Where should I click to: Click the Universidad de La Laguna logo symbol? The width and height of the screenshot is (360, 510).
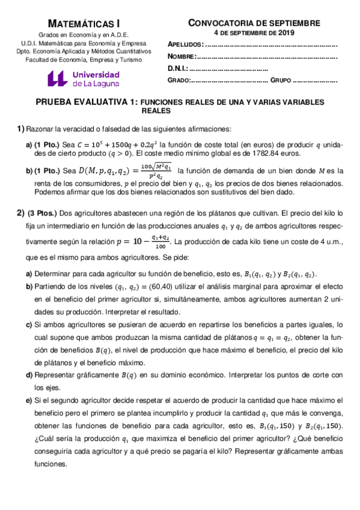[58, 79]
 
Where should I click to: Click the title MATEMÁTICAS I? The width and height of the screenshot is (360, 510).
[83, 23]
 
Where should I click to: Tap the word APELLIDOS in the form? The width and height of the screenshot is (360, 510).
[185, 45]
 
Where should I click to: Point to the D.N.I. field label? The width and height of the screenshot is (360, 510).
[178, 68]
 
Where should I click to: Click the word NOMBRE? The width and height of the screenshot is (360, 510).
[182, 57]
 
